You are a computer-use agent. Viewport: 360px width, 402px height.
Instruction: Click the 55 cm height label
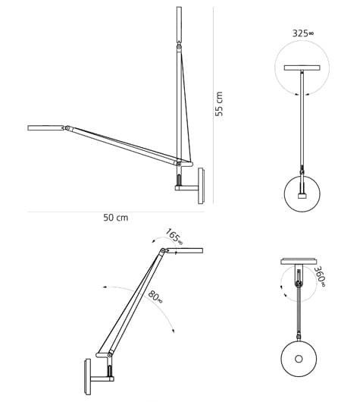click(220, 104)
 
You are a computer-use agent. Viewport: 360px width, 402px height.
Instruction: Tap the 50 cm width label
click(115, 218)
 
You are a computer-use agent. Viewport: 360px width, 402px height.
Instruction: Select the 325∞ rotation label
click(302, 33)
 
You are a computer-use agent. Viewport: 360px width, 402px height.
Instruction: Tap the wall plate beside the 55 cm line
click(201, 186)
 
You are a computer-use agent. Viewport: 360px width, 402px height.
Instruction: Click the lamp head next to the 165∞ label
click(184, 250)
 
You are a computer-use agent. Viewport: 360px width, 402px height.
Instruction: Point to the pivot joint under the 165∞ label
click(162, 251)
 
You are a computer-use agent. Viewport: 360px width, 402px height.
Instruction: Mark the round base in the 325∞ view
click(302, 193)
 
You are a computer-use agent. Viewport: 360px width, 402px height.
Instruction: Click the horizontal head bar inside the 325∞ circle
click(302, 68)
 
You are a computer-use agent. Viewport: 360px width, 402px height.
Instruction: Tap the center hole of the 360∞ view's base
click(299, 359)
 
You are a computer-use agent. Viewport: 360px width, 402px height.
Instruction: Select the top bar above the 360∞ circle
click(299, 262)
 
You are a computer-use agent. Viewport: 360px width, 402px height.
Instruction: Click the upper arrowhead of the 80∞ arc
click(105, 288)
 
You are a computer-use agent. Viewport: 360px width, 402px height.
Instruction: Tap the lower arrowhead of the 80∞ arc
click(173, 331)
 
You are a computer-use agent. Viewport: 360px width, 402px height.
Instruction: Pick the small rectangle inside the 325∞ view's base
click(302, 196)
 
